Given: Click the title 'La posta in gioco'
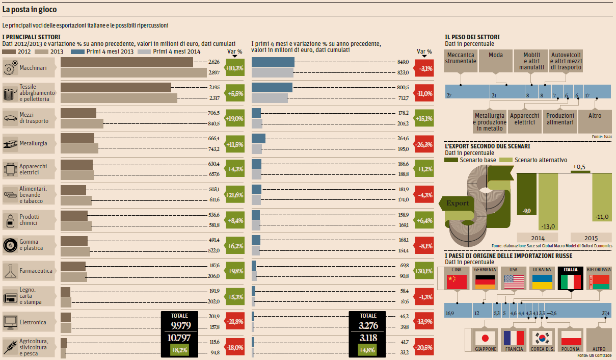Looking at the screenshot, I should tap(30, 10).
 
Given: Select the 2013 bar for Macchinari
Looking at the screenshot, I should tap(133, 73).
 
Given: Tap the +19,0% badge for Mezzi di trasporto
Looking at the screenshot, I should tap(235, 118).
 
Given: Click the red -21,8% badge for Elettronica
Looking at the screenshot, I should tap(235, 322).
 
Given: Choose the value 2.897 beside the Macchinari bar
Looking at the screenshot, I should tap(213, 73).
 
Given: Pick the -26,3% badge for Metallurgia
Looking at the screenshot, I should tap(424, 144).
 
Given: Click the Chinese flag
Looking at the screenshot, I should tap(457, 281).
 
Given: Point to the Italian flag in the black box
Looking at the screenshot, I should tap(571, 281).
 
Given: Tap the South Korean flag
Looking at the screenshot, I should tap(542, 338).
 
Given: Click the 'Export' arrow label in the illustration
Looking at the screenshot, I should tap(458, 203).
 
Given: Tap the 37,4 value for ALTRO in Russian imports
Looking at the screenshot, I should tap(605, 313).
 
